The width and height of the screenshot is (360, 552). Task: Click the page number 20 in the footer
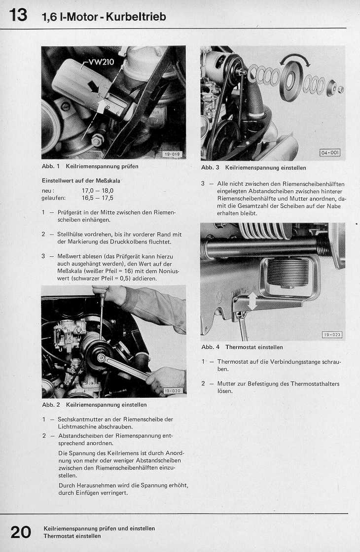point(21,532)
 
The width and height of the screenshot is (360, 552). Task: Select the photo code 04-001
point(330,153)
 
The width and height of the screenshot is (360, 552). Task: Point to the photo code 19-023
point(331,335)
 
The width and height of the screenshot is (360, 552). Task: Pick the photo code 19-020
point(173,391)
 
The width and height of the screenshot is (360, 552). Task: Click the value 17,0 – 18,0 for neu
point(98,190)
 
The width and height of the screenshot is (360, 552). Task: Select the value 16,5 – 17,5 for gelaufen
point(98,198)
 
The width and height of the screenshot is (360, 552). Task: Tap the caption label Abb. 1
point(51,167)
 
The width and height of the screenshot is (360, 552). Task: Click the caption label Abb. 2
point(51,405)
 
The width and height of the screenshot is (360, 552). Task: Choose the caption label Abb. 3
point(210,168)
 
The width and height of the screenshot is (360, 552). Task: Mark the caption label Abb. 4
point(210,347)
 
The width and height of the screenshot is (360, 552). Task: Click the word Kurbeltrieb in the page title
point(139,17)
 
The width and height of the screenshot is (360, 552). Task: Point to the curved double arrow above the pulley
point(294,60)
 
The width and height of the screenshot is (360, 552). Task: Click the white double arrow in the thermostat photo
point(252,301)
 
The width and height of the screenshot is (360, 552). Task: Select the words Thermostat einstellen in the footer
point(72,536)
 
